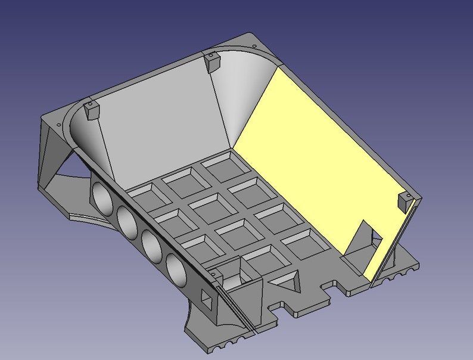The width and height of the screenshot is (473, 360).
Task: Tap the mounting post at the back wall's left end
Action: point(89,110)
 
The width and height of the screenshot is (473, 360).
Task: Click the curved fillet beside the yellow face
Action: point(238,95)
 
